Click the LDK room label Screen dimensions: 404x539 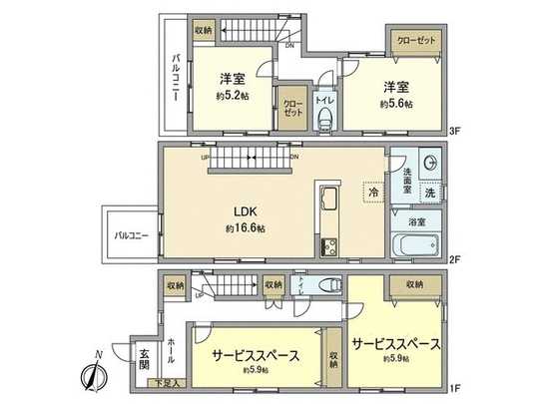tap(244, 210)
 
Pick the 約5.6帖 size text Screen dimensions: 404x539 tap(395, 103)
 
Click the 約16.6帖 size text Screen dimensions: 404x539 tap(244, 228)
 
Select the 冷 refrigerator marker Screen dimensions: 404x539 tap(371, 189)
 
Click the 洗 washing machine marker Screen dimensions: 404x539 tap(430, 192)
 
